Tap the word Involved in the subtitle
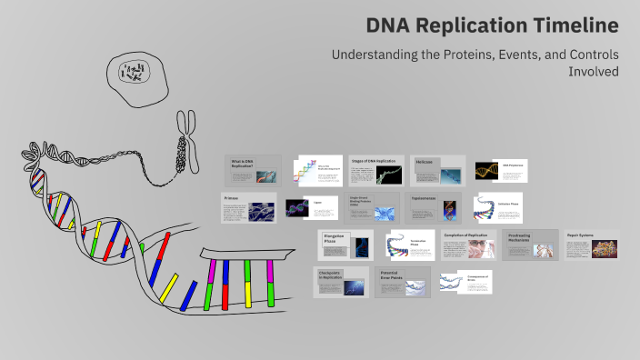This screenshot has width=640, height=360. (595, 72)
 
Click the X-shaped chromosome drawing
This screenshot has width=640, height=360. (188, 140)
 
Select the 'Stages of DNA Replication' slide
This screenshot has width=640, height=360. (374, 171)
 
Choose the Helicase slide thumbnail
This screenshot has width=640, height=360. (437, 170)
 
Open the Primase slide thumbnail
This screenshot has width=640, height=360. (248, 207)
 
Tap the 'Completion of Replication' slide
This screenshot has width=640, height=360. (467, 245)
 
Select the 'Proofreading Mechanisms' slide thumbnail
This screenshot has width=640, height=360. (529, 245)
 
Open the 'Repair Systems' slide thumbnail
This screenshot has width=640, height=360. (591, 245)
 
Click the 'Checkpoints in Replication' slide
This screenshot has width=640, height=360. (342, 282)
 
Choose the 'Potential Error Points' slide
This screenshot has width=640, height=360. (403, 282)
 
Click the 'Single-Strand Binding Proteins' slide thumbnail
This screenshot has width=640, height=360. (374, 208)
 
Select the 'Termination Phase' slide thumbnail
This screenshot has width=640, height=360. (412, 245)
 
